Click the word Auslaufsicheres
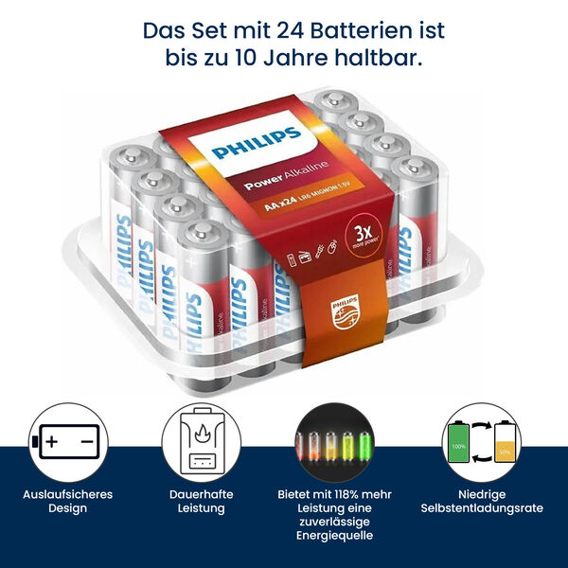[69, 494]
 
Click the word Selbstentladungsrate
[483, 508]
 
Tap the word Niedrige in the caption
[483, 494]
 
